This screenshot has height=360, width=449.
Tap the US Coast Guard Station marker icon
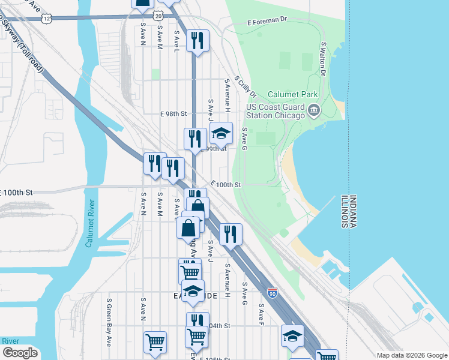[314, 110]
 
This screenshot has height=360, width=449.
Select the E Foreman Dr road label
[268, 20]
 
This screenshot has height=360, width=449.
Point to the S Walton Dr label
[323, 59]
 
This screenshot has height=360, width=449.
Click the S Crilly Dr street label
[246, 86]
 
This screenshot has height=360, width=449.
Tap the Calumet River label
[89, 223]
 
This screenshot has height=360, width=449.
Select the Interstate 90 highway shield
[273, 292]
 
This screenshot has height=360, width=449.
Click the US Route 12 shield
[47, 19]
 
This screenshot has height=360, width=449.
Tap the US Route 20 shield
[157, 14]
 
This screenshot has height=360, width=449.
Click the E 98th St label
[174, 113]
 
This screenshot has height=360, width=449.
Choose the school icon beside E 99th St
[221, 134]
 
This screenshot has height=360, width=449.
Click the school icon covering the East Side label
[193, 292]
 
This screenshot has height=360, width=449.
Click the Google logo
[20, 353]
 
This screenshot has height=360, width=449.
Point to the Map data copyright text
[411, 355]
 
